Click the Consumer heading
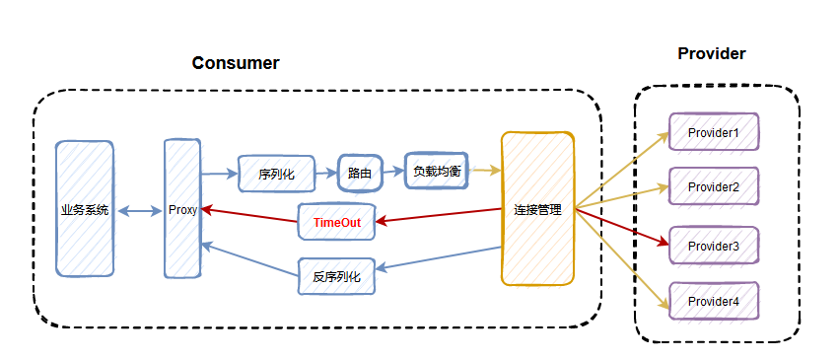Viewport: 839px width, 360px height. pos(235,63)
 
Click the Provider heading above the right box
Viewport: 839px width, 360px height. pos(711,53)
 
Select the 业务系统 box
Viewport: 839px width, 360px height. pos(85,209)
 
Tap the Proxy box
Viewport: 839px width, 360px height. pos(182,209)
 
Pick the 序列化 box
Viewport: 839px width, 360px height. pos(276,173)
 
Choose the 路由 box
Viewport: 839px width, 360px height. pos(359,173)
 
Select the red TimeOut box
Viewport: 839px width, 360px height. pos(336,223)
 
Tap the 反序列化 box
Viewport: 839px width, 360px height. pos(336,276)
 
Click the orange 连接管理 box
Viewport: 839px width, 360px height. pos(537,209)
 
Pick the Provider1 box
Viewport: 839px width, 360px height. pos(713,131)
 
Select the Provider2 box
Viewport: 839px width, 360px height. pos(713,186)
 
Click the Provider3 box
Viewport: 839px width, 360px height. pos(713,245)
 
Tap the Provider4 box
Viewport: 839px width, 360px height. pos(713,301)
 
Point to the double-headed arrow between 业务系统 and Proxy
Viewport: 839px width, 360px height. pos(139,210)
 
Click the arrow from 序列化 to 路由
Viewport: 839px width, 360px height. pos(325,174)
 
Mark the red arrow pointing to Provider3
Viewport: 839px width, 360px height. pos(621,226)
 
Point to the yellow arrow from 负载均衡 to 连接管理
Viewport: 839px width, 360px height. pos(482,169)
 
